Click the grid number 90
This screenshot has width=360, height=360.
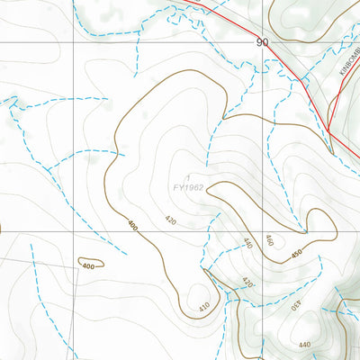click(x=262, y=42)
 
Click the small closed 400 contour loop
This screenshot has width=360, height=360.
click(x=90, y=265)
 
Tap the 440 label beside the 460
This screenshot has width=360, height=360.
click(x=247, y=242)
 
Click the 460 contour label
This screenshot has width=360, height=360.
click(x=267, y=240)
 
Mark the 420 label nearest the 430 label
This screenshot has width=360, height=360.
click(x=249, y=283)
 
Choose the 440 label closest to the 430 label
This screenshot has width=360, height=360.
click(x=304, y=345)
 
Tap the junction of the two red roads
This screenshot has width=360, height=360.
click(x=329, y=132)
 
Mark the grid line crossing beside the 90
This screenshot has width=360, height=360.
click(x=269, y=43)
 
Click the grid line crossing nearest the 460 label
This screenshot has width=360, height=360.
click(x=269, y=230)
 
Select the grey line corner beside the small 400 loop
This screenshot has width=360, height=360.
click(x=76, y=268)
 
